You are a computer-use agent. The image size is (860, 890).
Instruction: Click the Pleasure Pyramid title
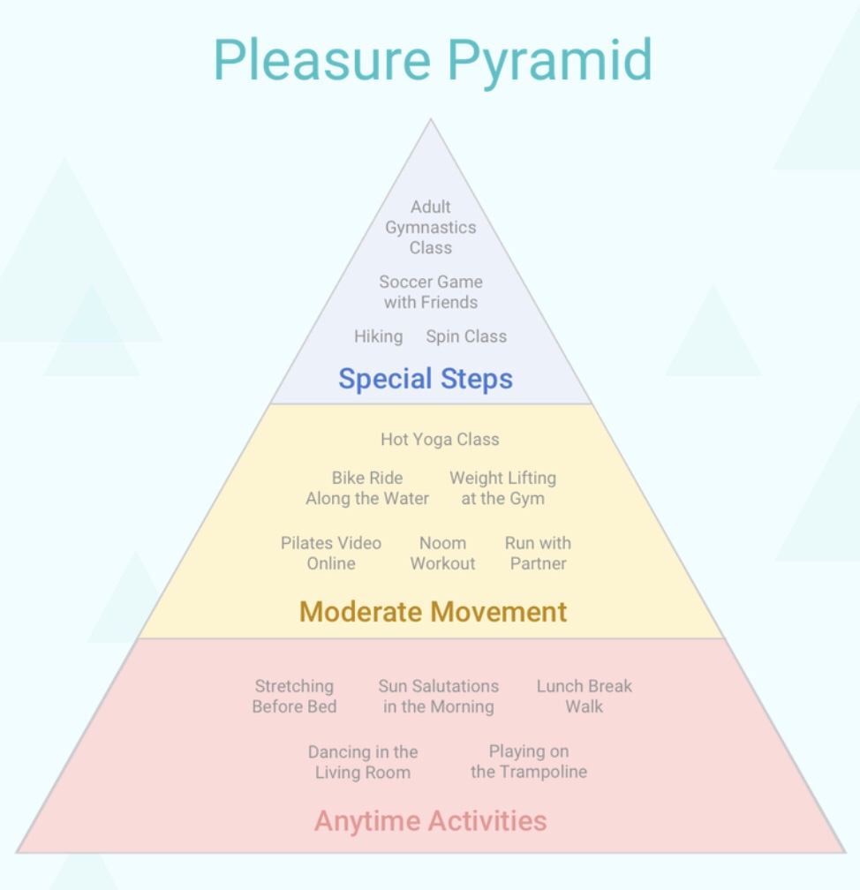pyautogui.click(x=432, y=60)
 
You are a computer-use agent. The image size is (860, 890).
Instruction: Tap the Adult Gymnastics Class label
pyautogui.click(x=431, y=227)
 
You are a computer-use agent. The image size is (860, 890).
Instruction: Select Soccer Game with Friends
pyautogui.click(x=431, y=292)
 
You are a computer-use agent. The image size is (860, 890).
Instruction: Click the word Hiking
pyautogui.click(x=378, y=336)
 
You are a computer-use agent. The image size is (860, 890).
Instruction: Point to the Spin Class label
pyautogui.click(x=466, y=336)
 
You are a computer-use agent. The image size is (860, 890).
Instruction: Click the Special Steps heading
pyautogui.click(x=426, y=379)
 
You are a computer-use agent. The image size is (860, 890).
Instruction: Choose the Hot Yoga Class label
pyautogui.click(x=440, y=439)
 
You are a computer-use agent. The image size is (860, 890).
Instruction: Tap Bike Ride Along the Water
pyautogui.click(x=367, y=488)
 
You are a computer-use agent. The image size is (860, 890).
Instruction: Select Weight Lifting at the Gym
pyautogui.click(x=502, y=488)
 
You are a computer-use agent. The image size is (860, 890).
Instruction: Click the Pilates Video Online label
pyautogui.click(x=331, y=554)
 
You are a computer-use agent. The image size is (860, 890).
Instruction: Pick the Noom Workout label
pyautogui.click(x=442, y=554)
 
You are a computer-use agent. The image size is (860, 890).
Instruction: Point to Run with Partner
pyautogui.click(x=538, y=554)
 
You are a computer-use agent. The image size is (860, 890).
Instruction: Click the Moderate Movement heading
pyautogui.click(x=433, y=612)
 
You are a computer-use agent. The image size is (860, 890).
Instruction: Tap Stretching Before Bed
pyautogui.click(x=294, y=697)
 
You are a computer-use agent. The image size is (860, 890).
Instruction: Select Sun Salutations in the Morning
pyautogui.click(x=439, y=697)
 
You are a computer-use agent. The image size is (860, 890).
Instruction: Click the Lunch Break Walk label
pyautogui.click(x=585, y=697)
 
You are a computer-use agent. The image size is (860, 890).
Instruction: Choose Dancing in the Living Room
pyautogui.click(x=363, y=762)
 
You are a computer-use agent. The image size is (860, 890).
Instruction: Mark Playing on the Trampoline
pyautogui.click(x=529, y=762)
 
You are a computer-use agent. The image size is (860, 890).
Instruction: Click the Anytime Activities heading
pyautogui.click(x=431, y=821)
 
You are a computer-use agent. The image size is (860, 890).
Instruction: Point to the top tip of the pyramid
pyautogui.click(x=431, y=121)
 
